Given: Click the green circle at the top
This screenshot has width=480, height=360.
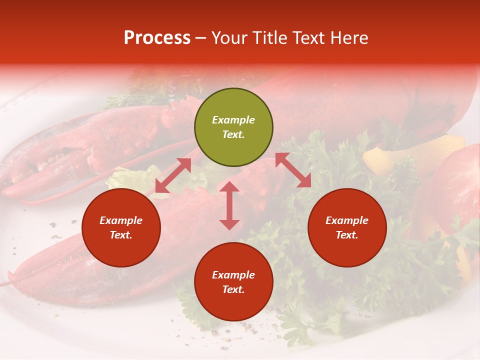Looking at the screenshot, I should click(233, 127).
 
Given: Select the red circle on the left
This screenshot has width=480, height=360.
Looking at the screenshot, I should click(121, 227).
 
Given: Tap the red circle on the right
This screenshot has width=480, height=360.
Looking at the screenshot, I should click(347, 227).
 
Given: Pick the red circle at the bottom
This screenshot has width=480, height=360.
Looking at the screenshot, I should click(233, 282).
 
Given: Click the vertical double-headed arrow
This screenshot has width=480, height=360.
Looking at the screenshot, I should click(229, 205).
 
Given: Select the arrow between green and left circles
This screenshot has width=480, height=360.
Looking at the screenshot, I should click(173, 175).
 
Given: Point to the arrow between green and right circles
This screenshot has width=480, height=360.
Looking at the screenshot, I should click(293, 170).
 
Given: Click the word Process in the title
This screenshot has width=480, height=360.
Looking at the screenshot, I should click(157, 38).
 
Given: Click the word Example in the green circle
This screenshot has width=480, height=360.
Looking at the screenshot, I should click(233, 120).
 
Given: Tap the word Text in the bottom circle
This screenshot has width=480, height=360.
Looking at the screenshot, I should click(233, 289).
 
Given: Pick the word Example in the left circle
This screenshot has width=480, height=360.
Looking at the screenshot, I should click(121, 220).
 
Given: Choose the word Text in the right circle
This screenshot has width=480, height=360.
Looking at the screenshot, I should click(347, 235).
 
